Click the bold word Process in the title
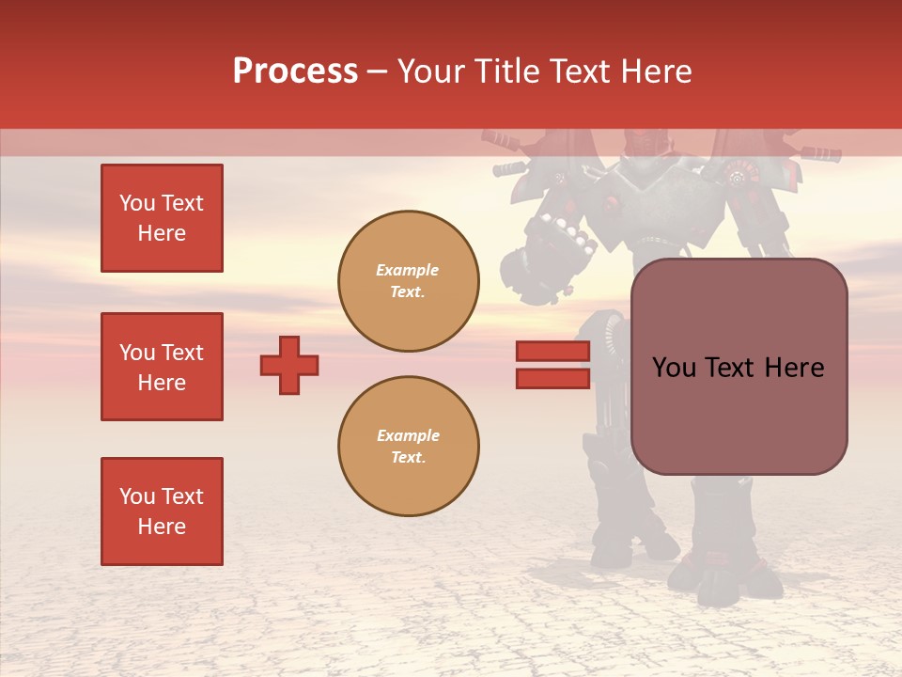(x=295, y=71)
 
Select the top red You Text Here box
(x=162, y=218)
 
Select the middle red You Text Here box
(x=162, y=367)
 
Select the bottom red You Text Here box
(x=162, y=512)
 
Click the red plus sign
(x=289, y=365)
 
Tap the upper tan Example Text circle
(x=409, y=281)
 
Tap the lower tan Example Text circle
(x=409, y=447)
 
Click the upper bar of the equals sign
(x=552, y=352)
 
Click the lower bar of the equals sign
(x=552, y=378)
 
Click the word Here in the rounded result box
(x=794, y=368)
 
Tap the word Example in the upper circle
(x=407, y=270)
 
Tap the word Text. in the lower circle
(x=409, y=458)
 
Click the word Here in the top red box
(x=162, y=233)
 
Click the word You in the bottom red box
(x=136, y=496)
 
